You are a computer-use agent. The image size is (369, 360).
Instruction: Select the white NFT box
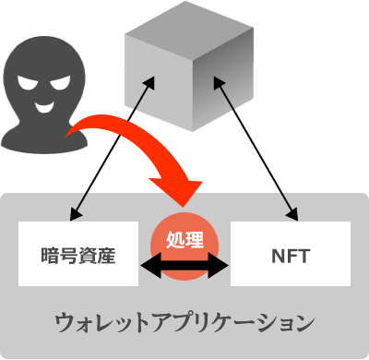pos(291,253)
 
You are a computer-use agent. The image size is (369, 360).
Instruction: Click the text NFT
pos(291,254)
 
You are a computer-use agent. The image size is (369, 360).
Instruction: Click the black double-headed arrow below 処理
pos(184,268)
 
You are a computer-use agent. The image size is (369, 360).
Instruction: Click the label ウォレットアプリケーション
pos(184,323)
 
